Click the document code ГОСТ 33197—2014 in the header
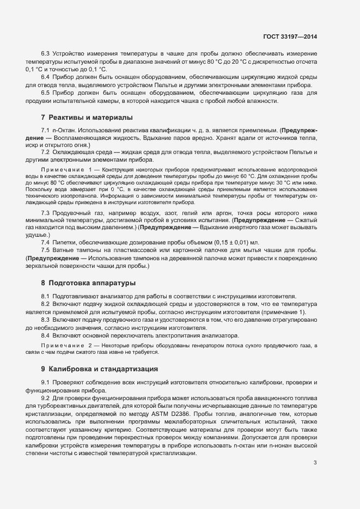pyautogui.click(x=289, y=36)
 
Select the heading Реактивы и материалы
pyautogui.click(x=90, y=118)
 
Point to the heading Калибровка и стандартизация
pyautogui.click(x=103, y=369)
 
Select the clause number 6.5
pyautogui.click(x=46, y=93)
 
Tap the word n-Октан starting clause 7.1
pyautogui.click(x=64, y=131)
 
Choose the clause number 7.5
pyautogui.click(x=46, y=249)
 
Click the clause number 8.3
pyautogui.click(x=46, y=321)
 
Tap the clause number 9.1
pyautogui.click(x=46, y=382)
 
